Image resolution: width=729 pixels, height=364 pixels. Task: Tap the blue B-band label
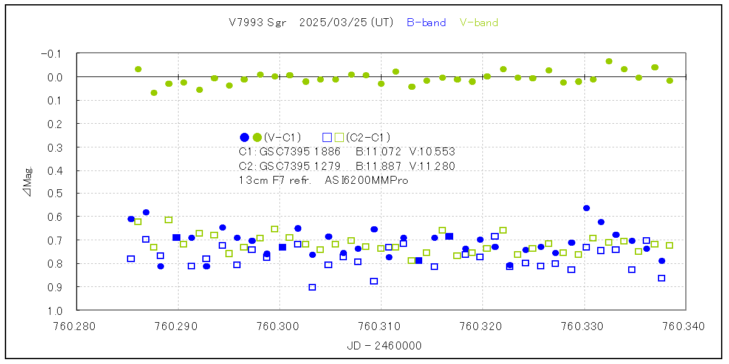click(x=426, y=22)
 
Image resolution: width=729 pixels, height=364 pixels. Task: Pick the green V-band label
click(x=479, y=22)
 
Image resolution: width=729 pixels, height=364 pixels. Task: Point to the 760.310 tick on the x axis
click(x=381, y=326)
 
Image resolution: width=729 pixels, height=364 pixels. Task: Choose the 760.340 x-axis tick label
click(x=685, y=326)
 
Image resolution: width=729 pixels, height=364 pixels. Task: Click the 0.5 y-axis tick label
click(x=55, y=194)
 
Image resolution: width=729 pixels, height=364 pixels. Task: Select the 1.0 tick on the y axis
click(x=55, y=310)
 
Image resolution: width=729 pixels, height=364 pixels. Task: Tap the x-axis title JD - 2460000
click(x=384, y=346)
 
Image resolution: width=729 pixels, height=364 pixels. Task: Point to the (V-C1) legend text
click(x=282, y=137)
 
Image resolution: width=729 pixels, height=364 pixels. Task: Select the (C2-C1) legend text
click(x=368, y=137)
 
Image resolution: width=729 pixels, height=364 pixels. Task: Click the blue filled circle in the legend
click(x=244, y=137)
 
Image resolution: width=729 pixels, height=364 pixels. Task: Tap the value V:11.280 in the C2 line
click(x=432, y=166)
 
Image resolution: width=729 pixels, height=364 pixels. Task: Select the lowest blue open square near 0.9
click(x=312, y=287)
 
